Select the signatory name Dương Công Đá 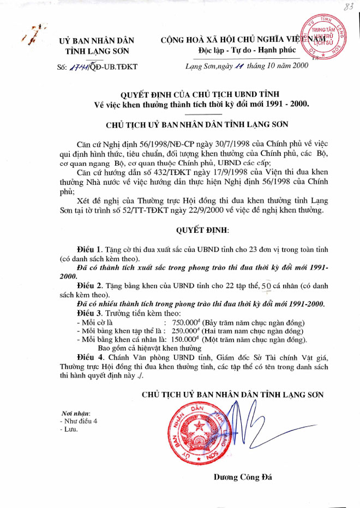[238, 477]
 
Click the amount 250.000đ [185, 331]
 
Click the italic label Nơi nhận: [75, 413]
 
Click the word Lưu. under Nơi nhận [71, 430]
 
